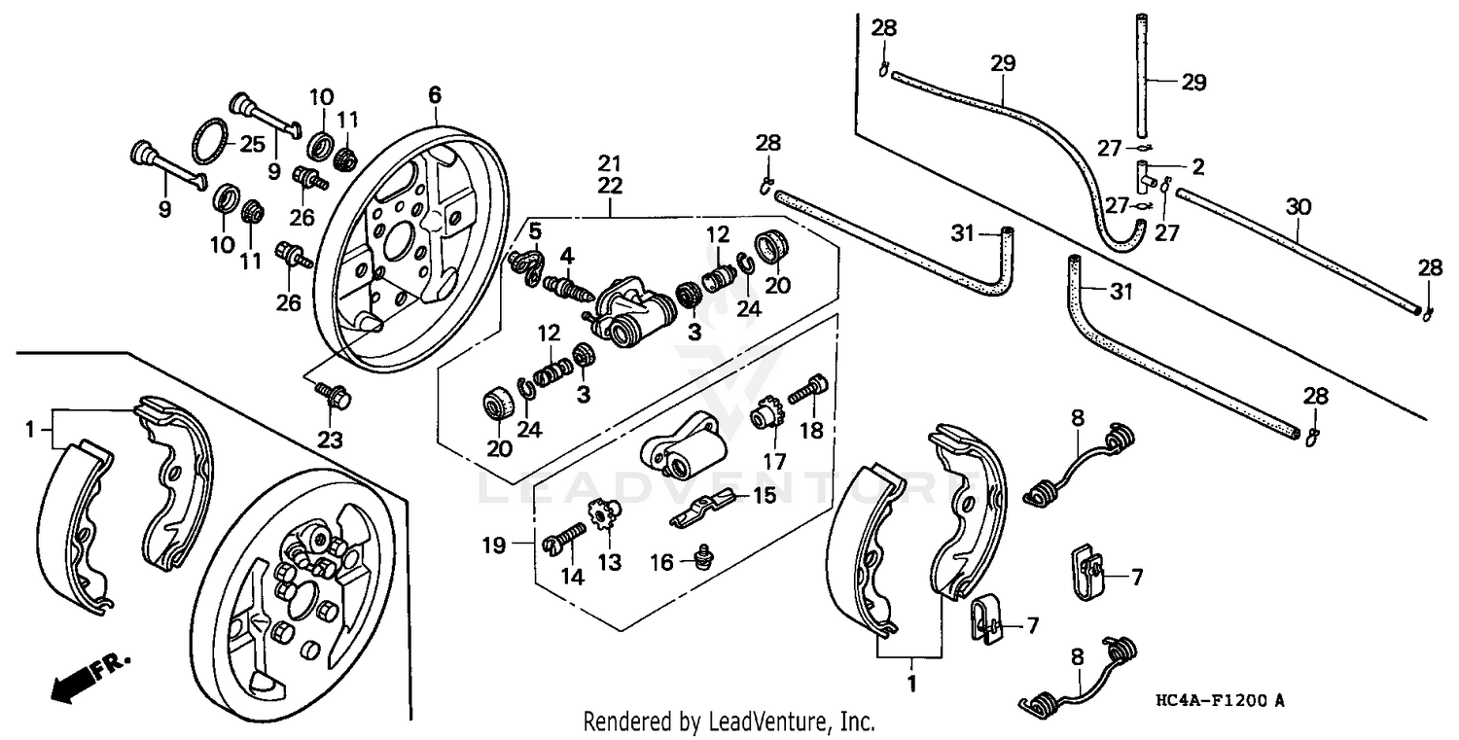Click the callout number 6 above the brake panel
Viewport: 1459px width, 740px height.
pyautogui.click(x=435, y=94)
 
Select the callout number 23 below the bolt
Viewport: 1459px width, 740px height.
pyautogui.click(x=330, y=440)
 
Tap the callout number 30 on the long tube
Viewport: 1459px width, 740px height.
pyautogui.click(x=1299, y=207)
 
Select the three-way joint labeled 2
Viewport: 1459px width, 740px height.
pyautogui.click(x=1149, y=176)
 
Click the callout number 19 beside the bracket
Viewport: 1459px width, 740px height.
pyautogui.click(x=494, y=546)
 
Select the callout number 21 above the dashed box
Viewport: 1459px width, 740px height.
pyautogui.click(x=609, y=161)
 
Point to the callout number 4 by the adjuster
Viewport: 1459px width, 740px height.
pyautogui.click(x=566, y=256)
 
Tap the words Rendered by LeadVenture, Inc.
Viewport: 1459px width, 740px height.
pyautogui.click(x=729, y=722)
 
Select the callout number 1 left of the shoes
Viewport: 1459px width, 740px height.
pyautogui.click(x=30, y=427)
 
